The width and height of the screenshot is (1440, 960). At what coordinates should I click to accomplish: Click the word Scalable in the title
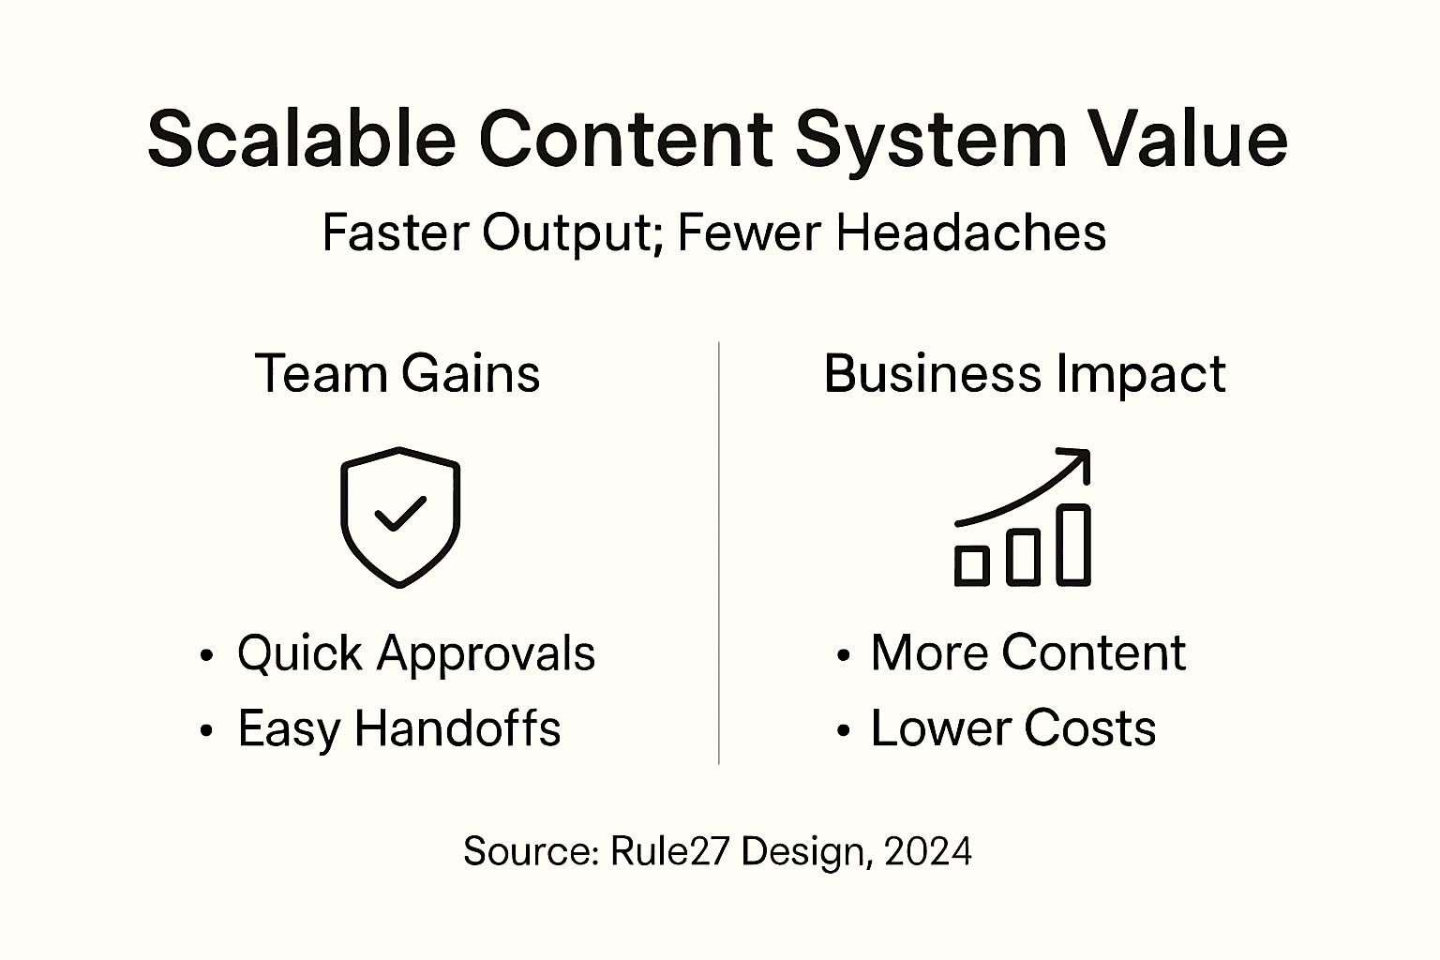[301, 139]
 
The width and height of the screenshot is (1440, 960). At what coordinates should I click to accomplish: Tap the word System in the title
[931, 139]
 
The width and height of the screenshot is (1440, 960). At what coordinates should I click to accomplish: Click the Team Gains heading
[397, 374]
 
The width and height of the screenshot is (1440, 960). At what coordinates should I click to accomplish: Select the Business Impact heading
[1025, 374]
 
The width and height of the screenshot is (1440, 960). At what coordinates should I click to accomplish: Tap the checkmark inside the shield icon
[399, 514]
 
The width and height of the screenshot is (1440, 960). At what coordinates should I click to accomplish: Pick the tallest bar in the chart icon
[1074, 545]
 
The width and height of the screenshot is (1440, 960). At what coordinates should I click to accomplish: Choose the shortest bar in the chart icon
[971, 565]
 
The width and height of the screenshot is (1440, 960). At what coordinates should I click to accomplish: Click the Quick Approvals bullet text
[415, 652]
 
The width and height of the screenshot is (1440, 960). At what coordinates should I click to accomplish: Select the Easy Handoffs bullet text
[398, 728]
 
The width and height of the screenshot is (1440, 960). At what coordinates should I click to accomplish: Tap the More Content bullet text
[1027, 652]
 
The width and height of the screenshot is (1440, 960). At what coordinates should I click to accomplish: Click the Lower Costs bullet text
[1012, 728]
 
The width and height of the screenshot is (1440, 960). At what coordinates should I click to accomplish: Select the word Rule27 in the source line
[669, 851]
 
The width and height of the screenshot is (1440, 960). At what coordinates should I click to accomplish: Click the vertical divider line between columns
[719, 553]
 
